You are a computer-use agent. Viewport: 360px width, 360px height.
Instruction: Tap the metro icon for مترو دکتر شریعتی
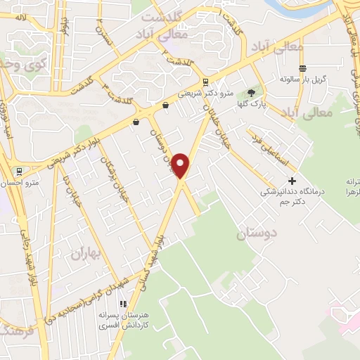point(205,82)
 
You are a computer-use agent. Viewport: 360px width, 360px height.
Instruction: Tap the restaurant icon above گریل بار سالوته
point(302,68)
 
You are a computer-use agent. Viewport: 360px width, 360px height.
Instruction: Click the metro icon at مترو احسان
point(18,171)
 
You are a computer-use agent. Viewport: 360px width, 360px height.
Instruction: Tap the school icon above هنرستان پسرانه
point(124,304)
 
